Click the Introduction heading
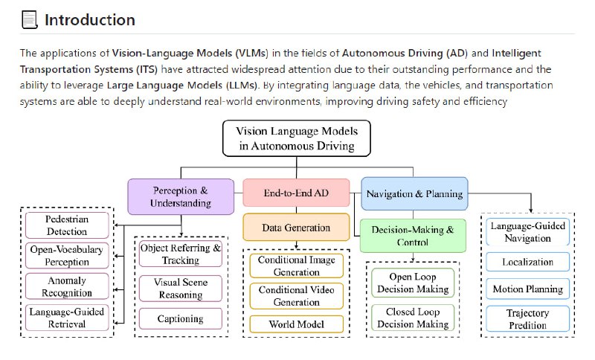(x=89, y=20)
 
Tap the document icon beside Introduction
(x=29, y=20)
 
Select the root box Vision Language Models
(x=296, y=138)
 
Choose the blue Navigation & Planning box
(x=414, y=194)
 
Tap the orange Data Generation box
(x=296, y=228)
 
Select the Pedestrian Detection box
(x=67, y=225)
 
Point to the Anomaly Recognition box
(x=67, y=286)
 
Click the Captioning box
(x=181, y=318)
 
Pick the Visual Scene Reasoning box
(x=181, y=287)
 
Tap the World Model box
(x=296, y=324)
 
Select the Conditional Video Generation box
(x=296, y=296)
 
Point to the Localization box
(x=528, y=262)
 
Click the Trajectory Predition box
(x=528, y=320)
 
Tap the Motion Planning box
(x=528, y=289)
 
